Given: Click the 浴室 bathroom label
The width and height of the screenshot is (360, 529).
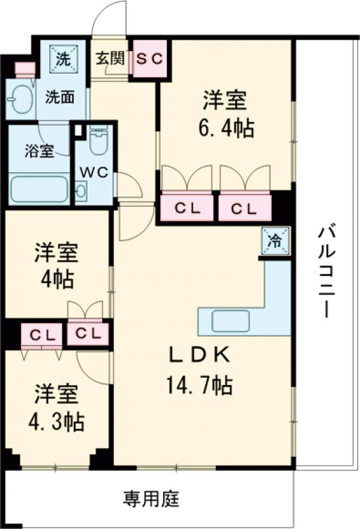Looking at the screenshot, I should click(x=39, y=151).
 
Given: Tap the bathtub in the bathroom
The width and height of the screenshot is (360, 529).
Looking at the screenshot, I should click(x=39, y=188).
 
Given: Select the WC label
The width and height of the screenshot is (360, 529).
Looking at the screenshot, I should click(x=94, y=172).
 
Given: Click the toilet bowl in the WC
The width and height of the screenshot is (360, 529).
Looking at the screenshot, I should click(x=97, y=142).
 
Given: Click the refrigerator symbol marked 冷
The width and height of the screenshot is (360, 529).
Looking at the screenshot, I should click(x=275, y=241).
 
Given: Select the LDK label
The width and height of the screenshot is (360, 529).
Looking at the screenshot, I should click(x=198, y=356).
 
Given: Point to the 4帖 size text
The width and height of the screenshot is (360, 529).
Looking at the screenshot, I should click(x=57, y=279).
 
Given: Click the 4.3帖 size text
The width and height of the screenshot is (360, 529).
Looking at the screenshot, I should click(x=57, y=423).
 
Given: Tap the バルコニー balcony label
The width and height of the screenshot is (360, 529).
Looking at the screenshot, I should click(x=327, y=270).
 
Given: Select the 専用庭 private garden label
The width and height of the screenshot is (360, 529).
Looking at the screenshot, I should click(x=151, y=498).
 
